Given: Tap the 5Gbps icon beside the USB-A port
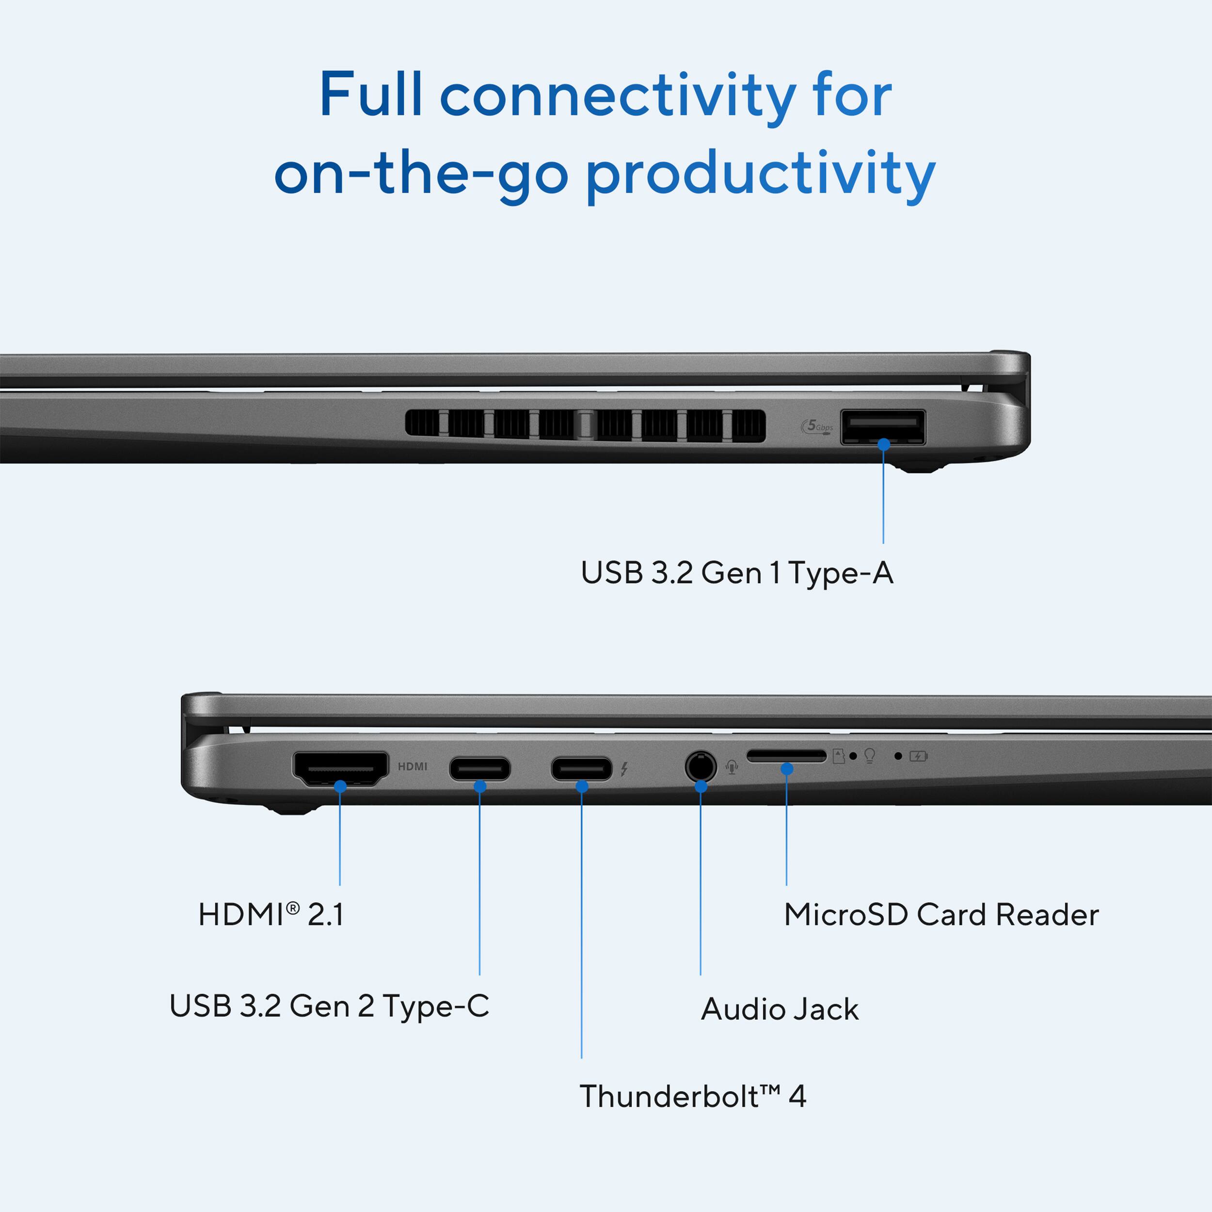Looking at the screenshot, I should click(817, 427).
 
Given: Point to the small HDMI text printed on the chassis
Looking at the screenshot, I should click(412, 766).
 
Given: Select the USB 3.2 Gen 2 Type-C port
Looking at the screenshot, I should click(479, 768).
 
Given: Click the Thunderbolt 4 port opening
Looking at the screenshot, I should click(581, 768).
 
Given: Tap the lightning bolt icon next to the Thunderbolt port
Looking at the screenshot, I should click(624, 768).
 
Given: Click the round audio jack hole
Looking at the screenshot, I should click(700, 766).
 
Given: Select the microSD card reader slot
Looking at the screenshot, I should click(786, 756).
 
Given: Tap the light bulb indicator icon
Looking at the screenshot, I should click(869, 755).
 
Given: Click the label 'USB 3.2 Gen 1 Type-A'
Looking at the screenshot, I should click(736, 573).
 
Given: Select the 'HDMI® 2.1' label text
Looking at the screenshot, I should click(271, 915).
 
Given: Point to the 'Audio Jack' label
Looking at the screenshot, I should click(779, 1009).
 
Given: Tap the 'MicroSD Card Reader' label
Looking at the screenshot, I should click(941, 915).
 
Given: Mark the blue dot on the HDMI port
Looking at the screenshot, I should click(340, 785).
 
